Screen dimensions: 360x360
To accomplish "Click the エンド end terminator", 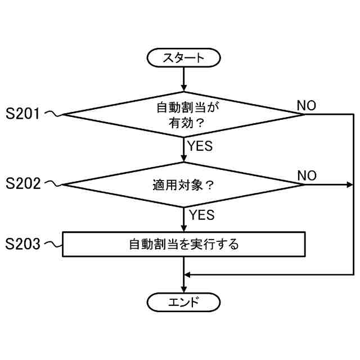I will tap(183, 302).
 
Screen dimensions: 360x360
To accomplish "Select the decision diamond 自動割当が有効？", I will tap(183, 114).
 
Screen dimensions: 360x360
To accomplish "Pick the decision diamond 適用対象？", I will tap(183, 184).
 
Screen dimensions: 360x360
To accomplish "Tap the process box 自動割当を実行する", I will tap(183, 244).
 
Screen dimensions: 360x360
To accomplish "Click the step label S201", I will tap(22, 114).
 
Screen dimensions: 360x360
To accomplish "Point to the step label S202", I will tap(22, 184).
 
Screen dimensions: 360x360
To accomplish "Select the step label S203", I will tap(22, 244).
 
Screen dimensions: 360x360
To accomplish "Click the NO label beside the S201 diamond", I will tap(306, 106).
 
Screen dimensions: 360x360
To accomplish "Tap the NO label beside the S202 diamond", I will tap(307, 175).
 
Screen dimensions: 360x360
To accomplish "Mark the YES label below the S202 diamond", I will tap(201, 215).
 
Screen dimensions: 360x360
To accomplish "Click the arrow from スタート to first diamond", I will tap(183, 78).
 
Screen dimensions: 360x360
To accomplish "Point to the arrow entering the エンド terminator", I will tap(183, 284).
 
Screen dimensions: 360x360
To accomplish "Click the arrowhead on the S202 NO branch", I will tap(350, 184).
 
